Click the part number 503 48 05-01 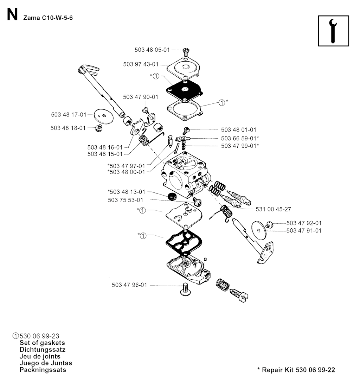point(152,50)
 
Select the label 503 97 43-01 point(141,64)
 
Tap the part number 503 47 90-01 point(140,97)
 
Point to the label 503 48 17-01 point(68,114)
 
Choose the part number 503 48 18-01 point(68,128)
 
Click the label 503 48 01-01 point(239,130)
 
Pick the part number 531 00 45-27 point(274,209)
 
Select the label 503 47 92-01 point(304,223)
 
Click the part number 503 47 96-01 point(129,285)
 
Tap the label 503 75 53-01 point(126,200)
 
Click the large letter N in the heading point(12,15)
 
